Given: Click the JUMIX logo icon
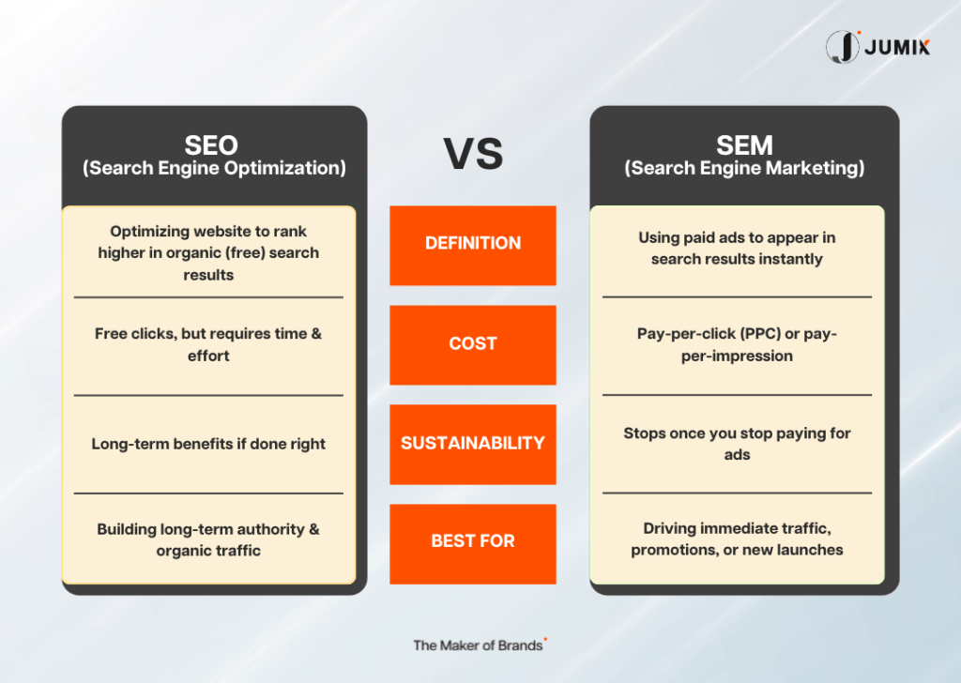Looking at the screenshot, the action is pyautogui.click(x=843, y=47).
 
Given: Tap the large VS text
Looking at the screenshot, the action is pyautogui.click(x=473, y=154).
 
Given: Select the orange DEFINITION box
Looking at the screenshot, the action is pyautogui.click(x=473, y=245).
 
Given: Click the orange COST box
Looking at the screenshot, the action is pyautogui.click(x=473, y=345).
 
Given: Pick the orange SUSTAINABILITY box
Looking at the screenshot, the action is pyautogui.click(x=473, y=444).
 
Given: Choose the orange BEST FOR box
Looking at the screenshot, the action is pyautogui.click(x=473, y=544).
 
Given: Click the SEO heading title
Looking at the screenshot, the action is pyautogui.click(x=211, y=145).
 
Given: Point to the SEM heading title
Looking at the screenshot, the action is pyautogui.click(x=744, y=145).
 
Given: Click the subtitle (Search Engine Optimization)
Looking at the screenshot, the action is pyautogui.click(x=215, y=169).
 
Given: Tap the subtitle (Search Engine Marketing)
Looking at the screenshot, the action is pyautogui.click(x=744, y=169).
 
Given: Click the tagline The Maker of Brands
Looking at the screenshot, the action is pyautogui.click(x=478, y=645).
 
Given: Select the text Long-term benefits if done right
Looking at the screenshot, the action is pyautogui.click(x=208, y=444).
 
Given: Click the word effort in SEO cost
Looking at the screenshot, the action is pyautogui.click(x=208, y=356).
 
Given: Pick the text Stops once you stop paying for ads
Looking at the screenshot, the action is pyautogui.click(x=737, y=444).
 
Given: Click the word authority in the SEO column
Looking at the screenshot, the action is pyautogui.click(x=270, y=529).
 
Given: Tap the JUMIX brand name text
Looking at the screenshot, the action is pyautogui.click(x=897, y=47).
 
